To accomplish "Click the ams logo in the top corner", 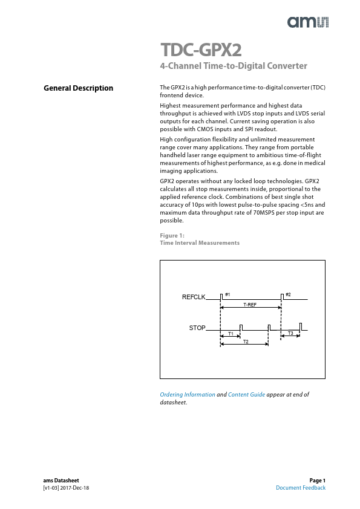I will [308, 22].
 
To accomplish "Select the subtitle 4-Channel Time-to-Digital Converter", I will [234, 66].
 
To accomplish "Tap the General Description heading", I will [79, 88].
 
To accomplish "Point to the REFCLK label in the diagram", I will [194, 297].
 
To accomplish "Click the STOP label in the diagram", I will [197, 328].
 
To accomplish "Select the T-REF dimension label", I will [250, 305].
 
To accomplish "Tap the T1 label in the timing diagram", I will [231, 334].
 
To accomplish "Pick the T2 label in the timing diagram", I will [246, 342].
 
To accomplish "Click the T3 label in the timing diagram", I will [290, 333].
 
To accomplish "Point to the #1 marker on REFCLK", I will [227, 294].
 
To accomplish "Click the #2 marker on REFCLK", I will [288, 294].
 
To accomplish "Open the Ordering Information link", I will [187, 395].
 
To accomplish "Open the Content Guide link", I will [246, 395].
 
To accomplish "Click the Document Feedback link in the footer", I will [301, 488].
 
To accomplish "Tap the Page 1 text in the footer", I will [318, 481].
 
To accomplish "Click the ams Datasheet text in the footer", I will [61, 481].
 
